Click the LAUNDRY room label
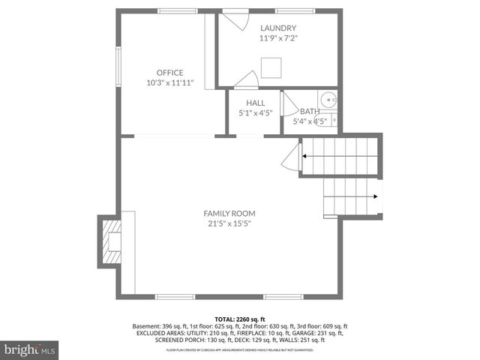pyautogui.click(x=273, y=28)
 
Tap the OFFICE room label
pyautogui.click(x=169, y=73)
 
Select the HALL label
pyautogui.click(x=255, y=103)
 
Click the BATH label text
pyautogui.click(x=310, y=111)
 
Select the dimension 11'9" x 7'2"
pyautogui.click(x=273, y=37)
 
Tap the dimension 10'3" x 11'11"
pyautogui.click(x=169, y=82)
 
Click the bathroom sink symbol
pyautogui.click(x=328, y=100)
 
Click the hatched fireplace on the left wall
pyautogui.click(x=111, y=241)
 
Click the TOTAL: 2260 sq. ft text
pyautogui.click(x=239, y=319)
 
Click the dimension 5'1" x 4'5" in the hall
pyautogui.click(x=255, y=113)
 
